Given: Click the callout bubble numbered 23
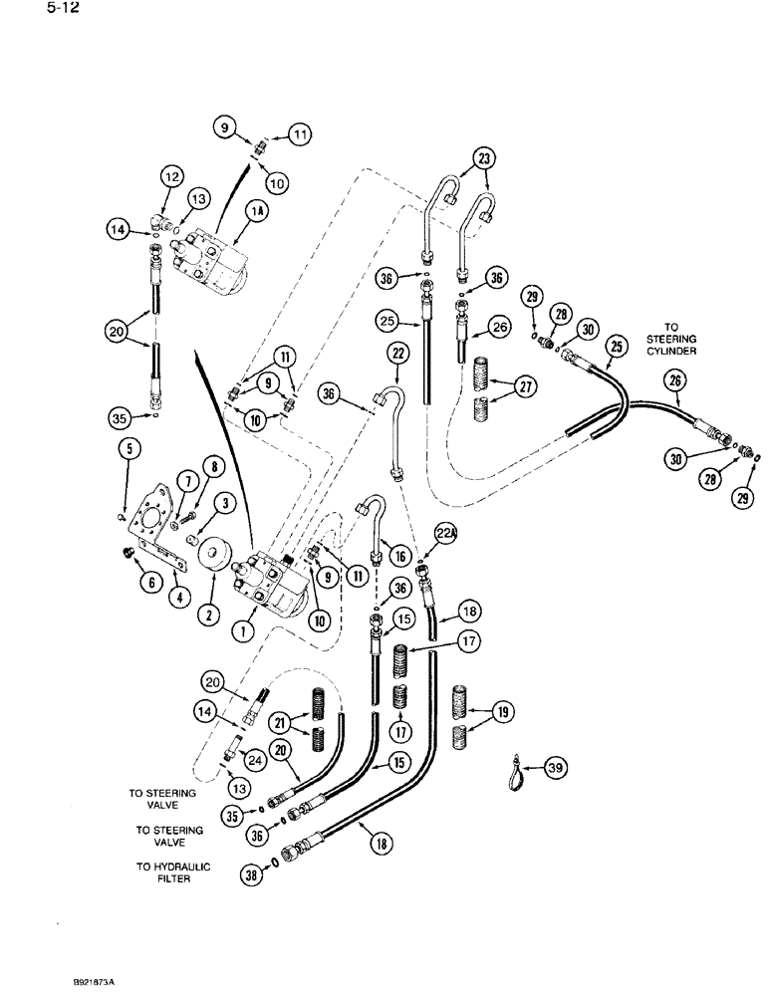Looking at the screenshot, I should tap(484, 157).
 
